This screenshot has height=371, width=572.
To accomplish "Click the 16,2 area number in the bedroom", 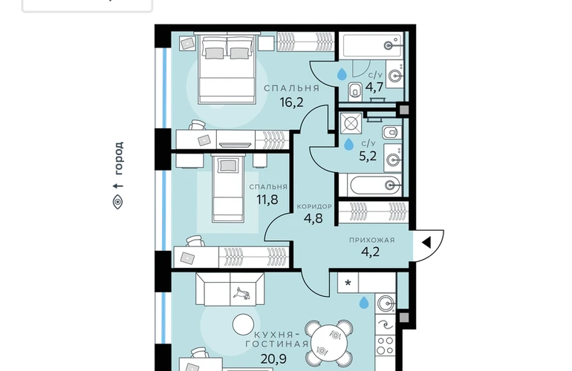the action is pos(291,102).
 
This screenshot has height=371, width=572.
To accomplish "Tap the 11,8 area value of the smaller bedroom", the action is pos(267,200).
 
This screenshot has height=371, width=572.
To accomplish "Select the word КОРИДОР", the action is pos(314,206).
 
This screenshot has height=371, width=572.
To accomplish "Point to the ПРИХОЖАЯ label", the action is pos(371,240).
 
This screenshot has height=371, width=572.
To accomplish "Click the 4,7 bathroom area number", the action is pos(374,88).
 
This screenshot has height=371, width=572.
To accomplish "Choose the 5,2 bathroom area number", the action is pos(368,157).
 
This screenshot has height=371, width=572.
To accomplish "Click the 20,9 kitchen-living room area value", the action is pos(273,359).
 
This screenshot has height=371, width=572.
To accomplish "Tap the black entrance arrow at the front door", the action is pos(426,243).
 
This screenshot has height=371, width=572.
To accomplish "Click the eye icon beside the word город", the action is pos(117,202).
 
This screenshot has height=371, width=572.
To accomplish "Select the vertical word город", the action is pos(118,158).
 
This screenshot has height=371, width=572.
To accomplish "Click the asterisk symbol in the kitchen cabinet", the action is pos(348,283).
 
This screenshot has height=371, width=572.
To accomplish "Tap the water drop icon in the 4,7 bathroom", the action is pos(342,74).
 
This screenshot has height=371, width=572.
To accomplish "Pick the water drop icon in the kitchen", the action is pos(364,303).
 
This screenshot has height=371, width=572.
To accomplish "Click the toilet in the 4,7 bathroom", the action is pos(354,91).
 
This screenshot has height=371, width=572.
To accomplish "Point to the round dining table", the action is pos(329,343).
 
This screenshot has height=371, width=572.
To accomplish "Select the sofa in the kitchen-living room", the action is pos(230,289).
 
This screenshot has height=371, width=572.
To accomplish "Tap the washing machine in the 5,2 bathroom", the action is pos(351,123).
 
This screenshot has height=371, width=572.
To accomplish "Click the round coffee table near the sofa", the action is pos(244,325).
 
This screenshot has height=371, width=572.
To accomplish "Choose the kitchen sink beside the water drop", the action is pos(386,303).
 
